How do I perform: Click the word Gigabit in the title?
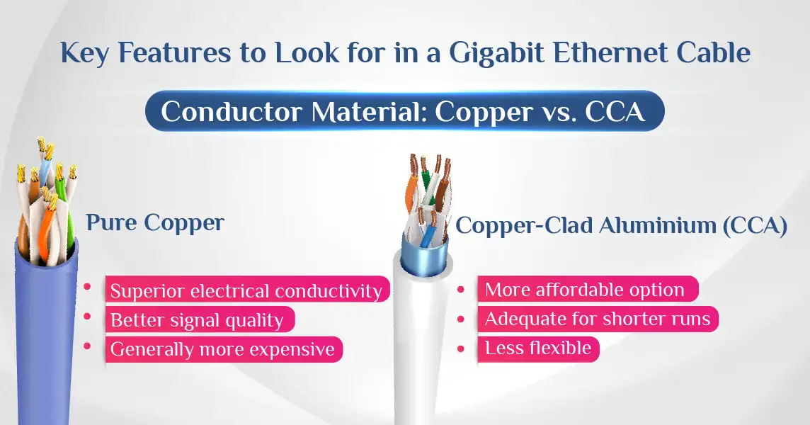496,52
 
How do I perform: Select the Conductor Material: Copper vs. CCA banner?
404,111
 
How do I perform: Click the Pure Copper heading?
155,223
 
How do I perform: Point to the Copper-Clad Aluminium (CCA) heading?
622,226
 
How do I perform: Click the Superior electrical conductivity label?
247,290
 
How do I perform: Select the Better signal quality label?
200,319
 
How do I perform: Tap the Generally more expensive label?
224,349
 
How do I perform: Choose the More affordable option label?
588,289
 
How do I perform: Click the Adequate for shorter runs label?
598,319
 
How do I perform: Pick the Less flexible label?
538,348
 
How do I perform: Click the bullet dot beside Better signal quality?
87,316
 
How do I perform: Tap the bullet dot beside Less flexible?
462,349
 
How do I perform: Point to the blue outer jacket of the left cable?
44,336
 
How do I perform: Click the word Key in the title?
84,53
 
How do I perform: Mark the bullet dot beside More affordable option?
462,290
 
